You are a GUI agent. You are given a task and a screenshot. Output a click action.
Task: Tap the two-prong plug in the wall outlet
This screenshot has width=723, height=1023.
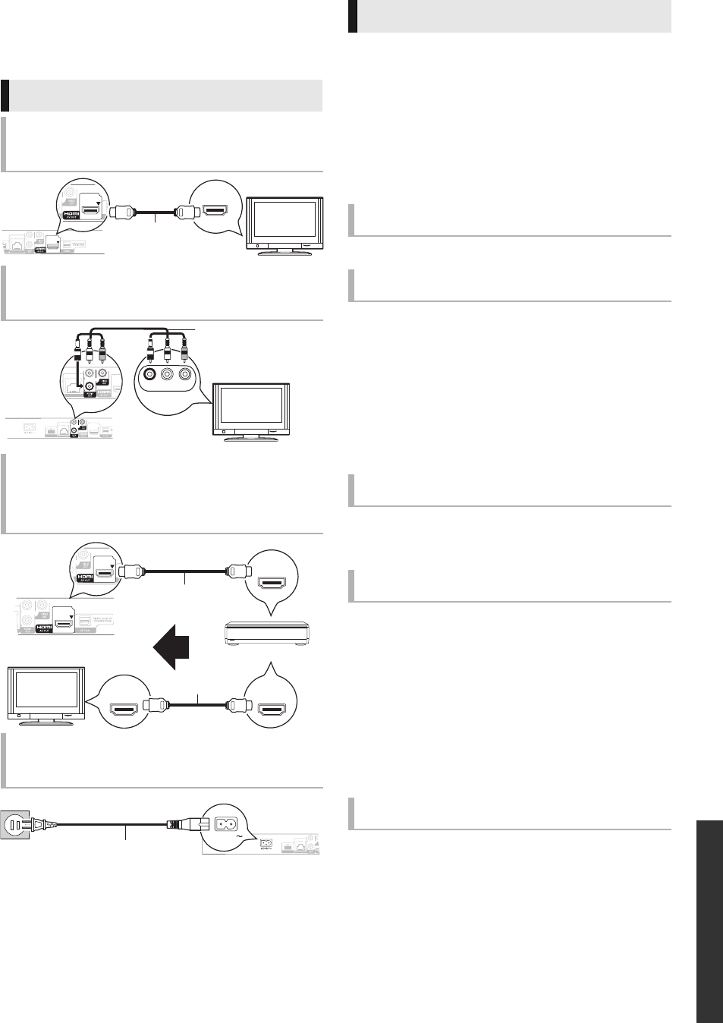(x=35, y=823)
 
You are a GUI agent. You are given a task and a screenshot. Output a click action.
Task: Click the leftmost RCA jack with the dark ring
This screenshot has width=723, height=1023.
(x=151, y=374)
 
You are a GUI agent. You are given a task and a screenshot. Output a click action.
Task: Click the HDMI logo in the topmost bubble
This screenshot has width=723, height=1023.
(x=70, y=215)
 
